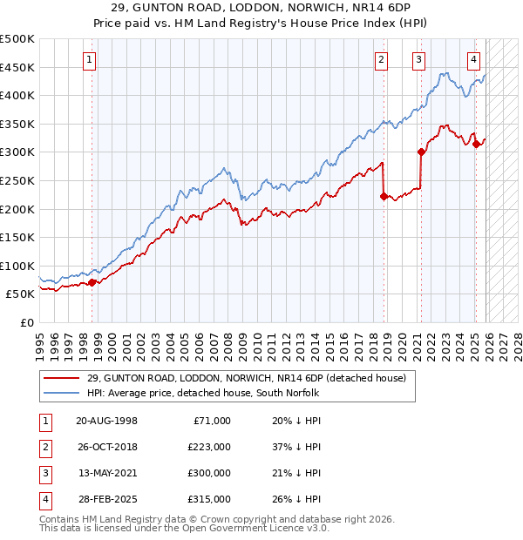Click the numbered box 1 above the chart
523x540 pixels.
[92, 60]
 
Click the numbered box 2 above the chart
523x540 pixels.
[382, 60]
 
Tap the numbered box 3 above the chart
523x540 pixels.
[419, 60]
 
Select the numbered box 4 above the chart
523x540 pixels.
[473, 60]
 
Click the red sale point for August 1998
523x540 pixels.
[92, 282]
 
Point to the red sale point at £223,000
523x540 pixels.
[384, 196]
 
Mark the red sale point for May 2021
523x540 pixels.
[421, 152]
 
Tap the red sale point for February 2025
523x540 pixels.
[476, 144]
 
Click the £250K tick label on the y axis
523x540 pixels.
[17, 180]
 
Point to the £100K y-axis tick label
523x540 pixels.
[17, 266]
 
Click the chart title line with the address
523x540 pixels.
[261, 9]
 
